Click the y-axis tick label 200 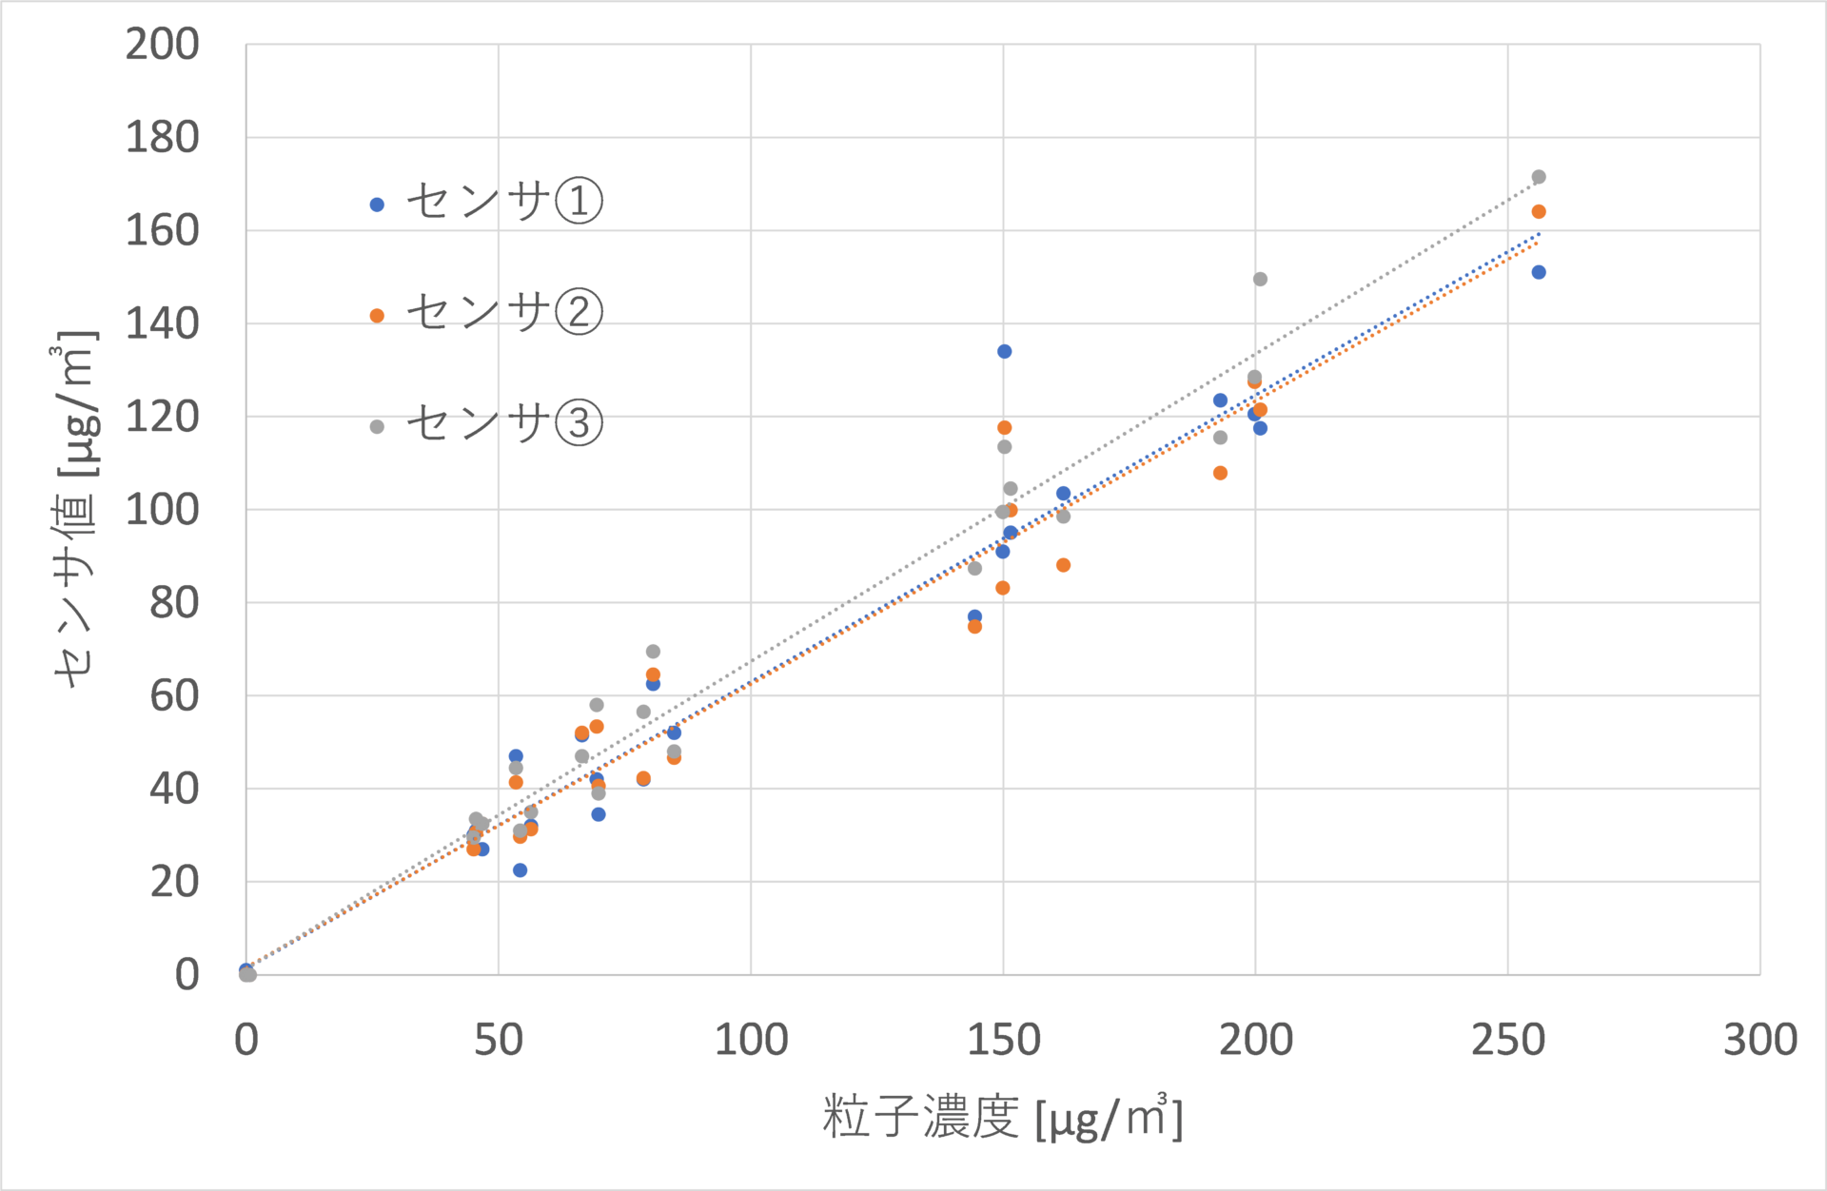point(163,45)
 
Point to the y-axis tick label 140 point(163,324)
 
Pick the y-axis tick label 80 point(175,603)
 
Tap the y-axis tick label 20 point(175,883)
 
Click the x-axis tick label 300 point(1760,1040)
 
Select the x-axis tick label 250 point(1508,1040)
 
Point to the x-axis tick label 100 point(751,1040)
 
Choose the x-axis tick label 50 point(499,1040)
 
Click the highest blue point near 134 point(1005,352)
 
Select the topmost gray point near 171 point(1539,177)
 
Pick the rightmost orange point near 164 point(1539,212)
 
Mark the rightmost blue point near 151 point(1539,273)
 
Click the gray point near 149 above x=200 point(1260,280)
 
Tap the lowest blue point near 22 point(520,870)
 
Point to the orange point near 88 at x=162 point(1064,566)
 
